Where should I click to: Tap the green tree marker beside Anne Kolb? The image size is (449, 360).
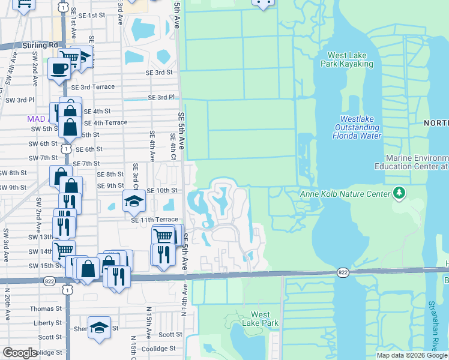[398, 193]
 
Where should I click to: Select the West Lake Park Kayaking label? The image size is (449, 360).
[347, 60]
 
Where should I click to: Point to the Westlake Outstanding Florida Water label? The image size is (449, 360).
[357, 127]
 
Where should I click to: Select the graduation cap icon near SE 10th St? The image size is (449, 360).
[134, 200]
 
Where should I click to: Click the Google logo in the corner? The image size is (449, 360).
[20, 353]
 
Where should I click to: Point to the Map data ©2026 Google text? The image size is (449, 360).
[412, 355]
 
